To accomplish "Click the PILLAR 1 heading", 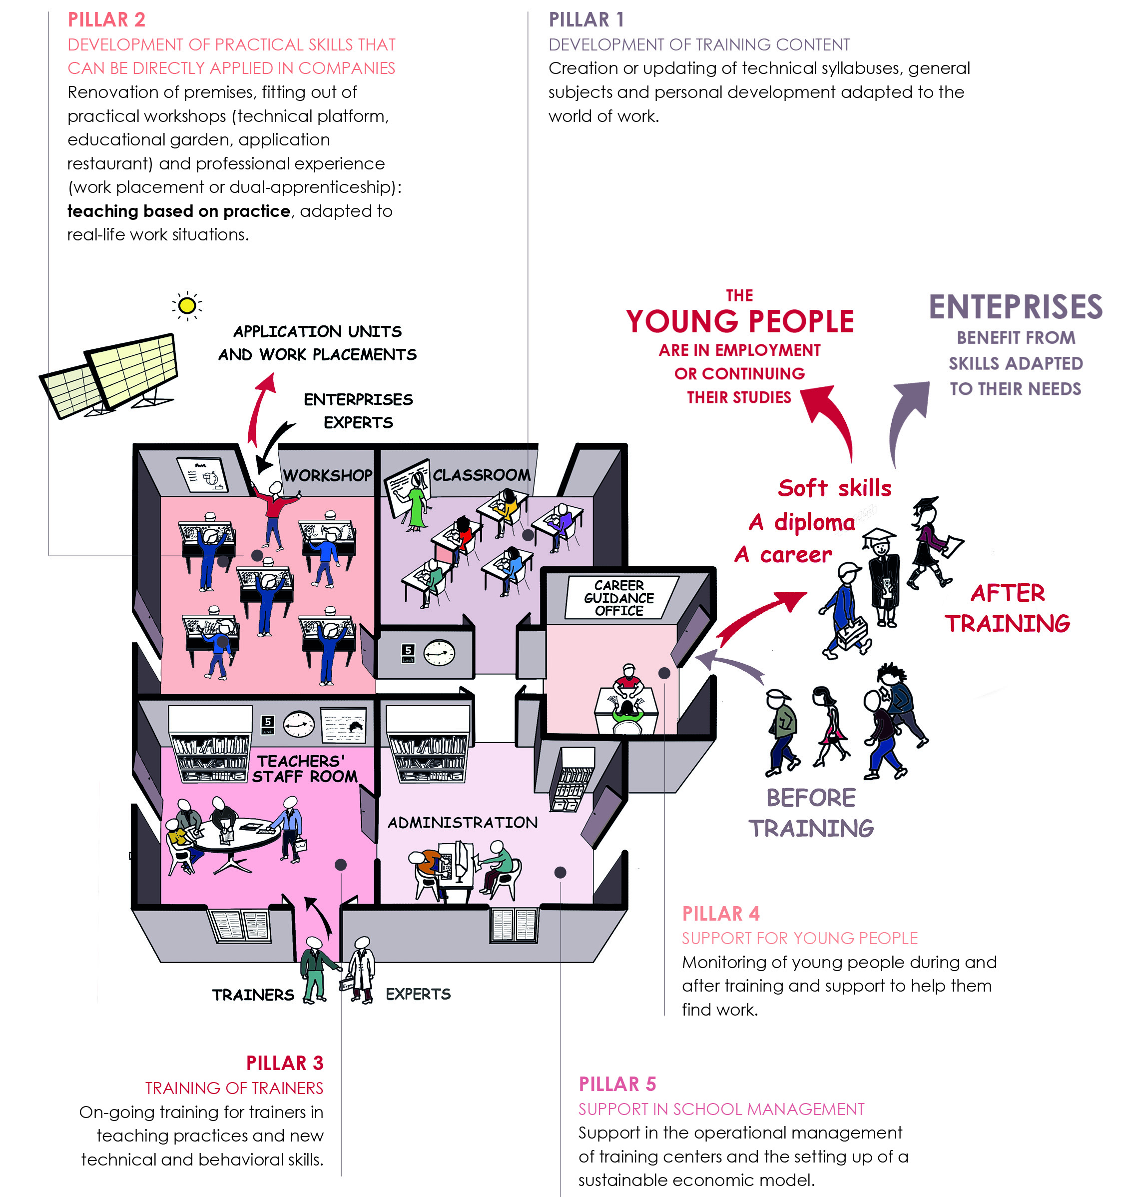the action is point(586,19).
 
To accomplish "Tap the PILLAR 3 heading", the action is point(285,1063).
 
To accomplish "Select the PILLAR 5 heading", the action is point(617,1084).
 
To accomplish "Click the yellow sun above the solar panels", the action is point(187,305).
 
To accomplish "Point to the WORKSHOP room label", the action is point(327,475).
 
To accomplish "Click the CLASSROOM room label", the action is point(481,475).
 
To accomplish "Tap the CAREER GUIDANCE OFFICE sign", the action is point(619,598).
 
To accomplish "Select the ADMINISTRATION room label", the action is point(463,823).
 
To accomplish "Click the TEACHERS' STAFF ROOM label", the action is point(305,769).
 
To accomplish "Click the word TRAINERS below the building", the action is point(253,995).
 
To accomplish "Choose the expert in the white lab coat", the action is point(362,970).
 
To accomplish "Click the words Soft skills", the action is point(834,488).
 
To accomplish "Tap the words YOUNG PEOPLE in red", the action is point(740,321).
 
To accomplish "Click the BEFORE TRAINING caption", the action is point(811,813).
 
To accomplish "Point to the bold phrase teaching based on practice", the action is point(178,211).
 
